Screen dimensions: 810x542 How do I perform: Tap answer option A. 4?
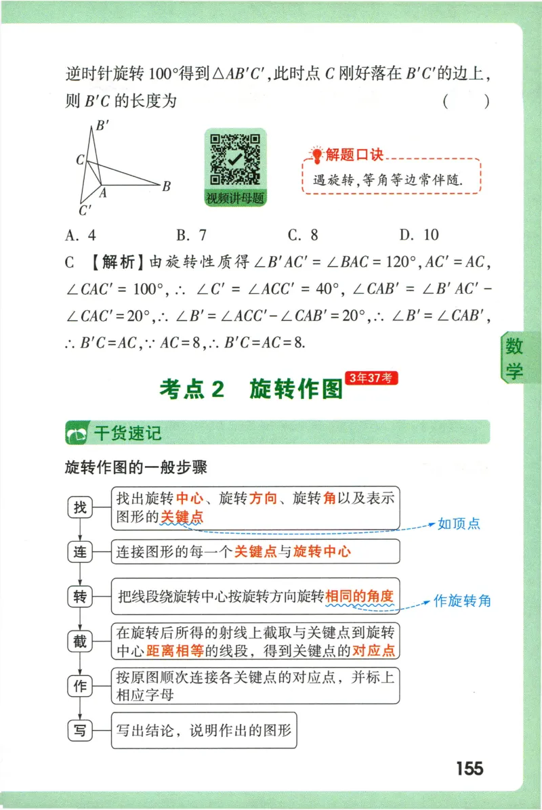click(81, 235)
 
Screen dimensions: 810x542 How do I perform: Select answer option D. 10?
click(419, 235)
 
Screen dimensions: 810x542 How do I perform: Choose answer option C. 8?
click(303, 235)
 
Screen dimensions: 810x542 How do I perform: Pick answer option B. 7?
click(191, 235)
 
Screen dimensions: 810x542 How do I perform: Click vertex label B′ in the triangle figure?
click(103, 125)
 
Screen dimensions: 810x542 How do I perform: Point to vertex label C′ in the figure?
click(85, 211)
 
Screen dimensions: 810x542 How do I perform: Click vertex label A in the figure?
click(104, 192)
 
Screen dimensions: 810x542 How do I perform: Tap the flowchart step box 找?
click(80, 507)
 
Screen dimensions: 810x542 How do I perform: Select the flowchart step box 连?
click(80, 552)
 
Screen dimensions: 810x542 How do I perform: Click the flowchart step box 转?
click(80, 597)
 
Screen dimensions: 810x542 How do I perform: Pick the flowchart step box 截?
click(80, 641)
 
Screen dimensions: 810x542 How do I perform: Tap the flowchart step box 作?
click(80, 685)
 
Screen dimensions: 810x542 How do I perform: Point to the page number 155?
click(470, 769)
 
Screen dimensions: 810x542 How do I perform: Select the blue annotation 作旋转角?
click(462, 601)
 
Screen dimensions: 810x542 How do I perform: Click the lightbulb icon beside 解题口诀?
click(316, 154)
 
